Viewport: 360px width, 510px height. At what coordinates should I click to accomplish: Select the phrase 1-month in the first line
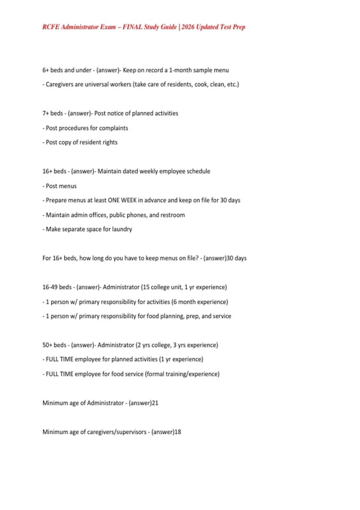[x=180, y=70]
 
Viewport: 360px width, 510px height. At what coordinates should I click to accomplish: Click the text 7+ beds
[x=52, y=113]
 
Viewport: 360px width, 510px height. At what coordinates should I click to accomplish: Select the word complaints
[x=113, y=128]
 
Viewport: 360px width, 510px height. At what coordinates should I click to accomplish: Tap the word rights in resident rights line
[x=110, y=142]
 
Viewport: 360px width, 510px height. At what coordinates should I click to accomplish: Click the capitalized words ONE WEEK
[x=122, y=200]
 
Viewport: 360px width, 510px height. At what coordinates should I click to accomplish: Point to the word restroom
[x=172, y=215]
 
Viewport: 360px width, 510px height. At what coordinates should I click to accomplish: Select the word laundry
[x=122, y=229]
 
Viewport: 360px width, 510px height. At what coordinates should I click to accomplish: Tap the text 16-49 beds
[x=57, y=287]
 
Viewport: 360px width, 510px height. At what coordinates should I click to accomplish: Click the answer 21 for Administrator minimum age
[x=155, y=403]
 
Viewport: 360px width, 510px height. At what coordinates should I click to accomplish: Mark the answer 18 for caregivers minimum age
[x=178, y=432]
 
